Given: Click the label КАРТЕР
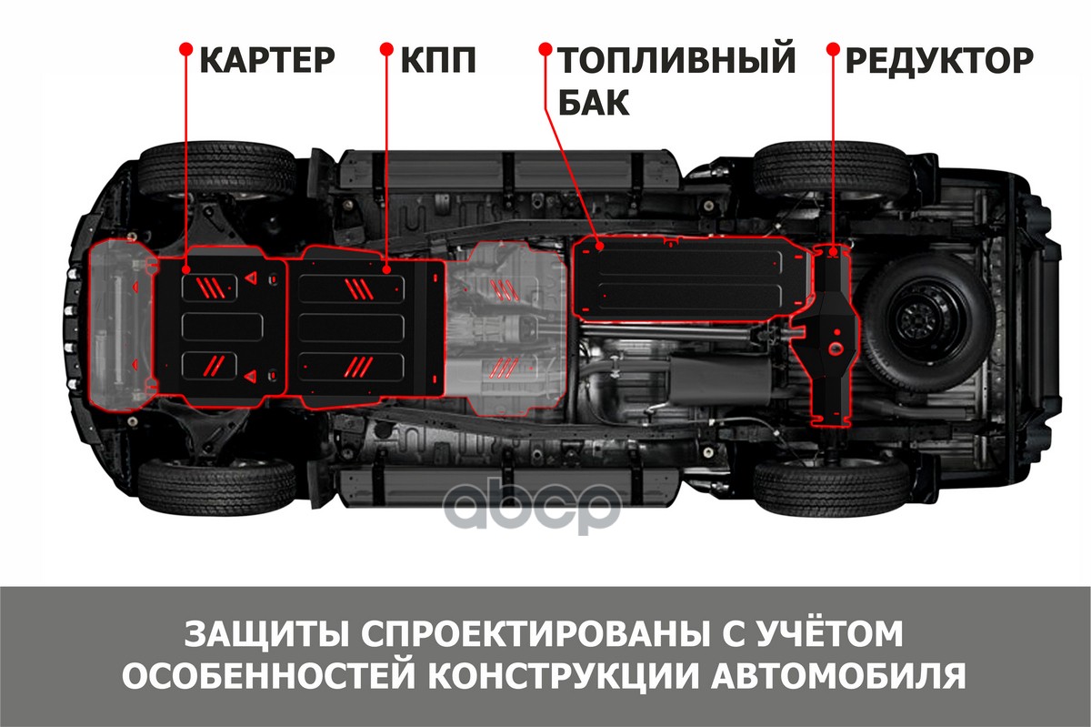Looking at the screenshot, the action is [267, 60].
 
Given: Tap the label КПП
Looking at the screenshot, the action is [438, 60].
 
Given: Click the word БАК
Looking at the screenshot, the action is [594, 103].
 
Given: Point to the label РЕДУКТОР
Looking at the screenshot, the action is [939, 60].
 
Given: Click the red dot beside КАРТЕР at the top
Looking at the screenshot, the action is [186, 48].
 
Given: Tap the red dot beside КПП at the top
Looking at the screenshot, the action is [386, 48].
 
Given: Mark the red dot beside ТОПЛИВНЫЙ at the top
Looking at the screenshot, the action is [545, 48].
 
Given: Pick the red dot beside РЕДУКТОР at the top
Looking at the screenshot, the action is [833, 48].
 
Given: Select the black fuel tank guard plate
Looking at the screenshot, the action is [692, 279].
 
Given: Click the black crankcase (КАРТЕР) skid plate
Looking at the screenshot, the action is [222, 327].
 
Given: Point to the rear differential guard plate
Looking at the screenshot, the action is [827, 337].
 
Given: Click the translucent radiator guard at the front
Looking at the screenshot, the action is [122, 325].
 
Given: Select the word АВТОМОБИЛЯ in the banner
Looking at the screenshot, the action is [839, 676].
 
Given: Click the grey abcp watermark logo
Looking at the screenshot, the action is [533, 506].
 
